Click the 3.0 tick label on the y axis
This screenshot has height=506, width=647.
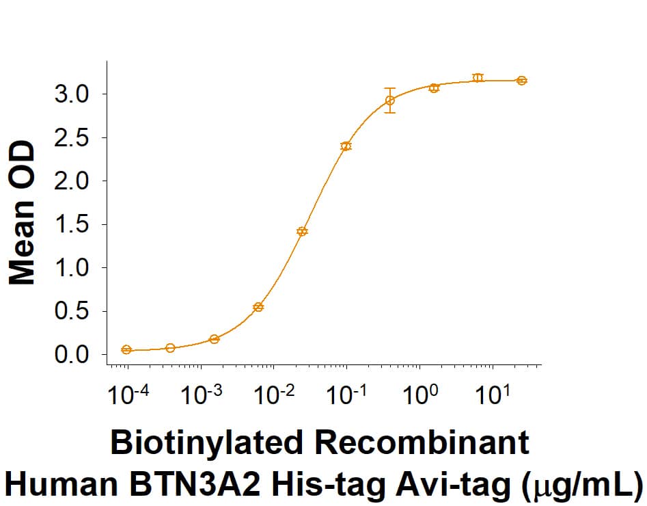[71, 94]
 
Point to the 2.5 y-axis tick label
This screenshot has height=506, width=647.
[71, 137]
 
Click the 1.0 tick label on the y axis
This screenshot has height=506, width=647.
[71, 267]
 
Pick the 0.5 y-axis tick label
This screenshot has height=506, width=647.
[71, 311]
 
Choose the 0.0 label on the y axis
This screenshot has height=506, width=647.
[71, 355]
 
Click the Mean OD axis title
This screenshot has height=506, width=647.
[22, 213]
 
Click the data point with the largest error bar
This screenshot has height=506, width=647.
[389, 101]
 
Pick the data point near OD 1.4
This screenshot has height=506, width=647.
[302, 231]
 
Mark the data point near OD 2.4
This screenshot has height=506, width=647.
[346, 146]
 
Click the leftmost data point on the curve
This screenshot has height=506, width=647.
[126, 349]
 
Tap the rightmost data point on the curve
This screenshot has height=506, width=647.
[522, 81]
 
